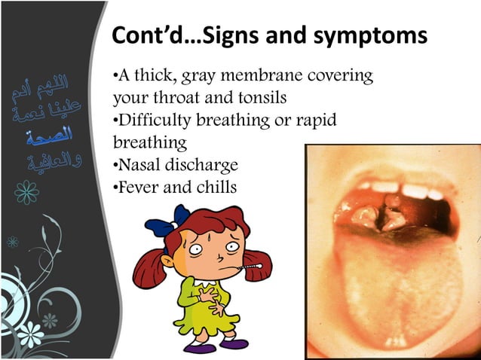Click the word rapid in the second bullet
point(314,120)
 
